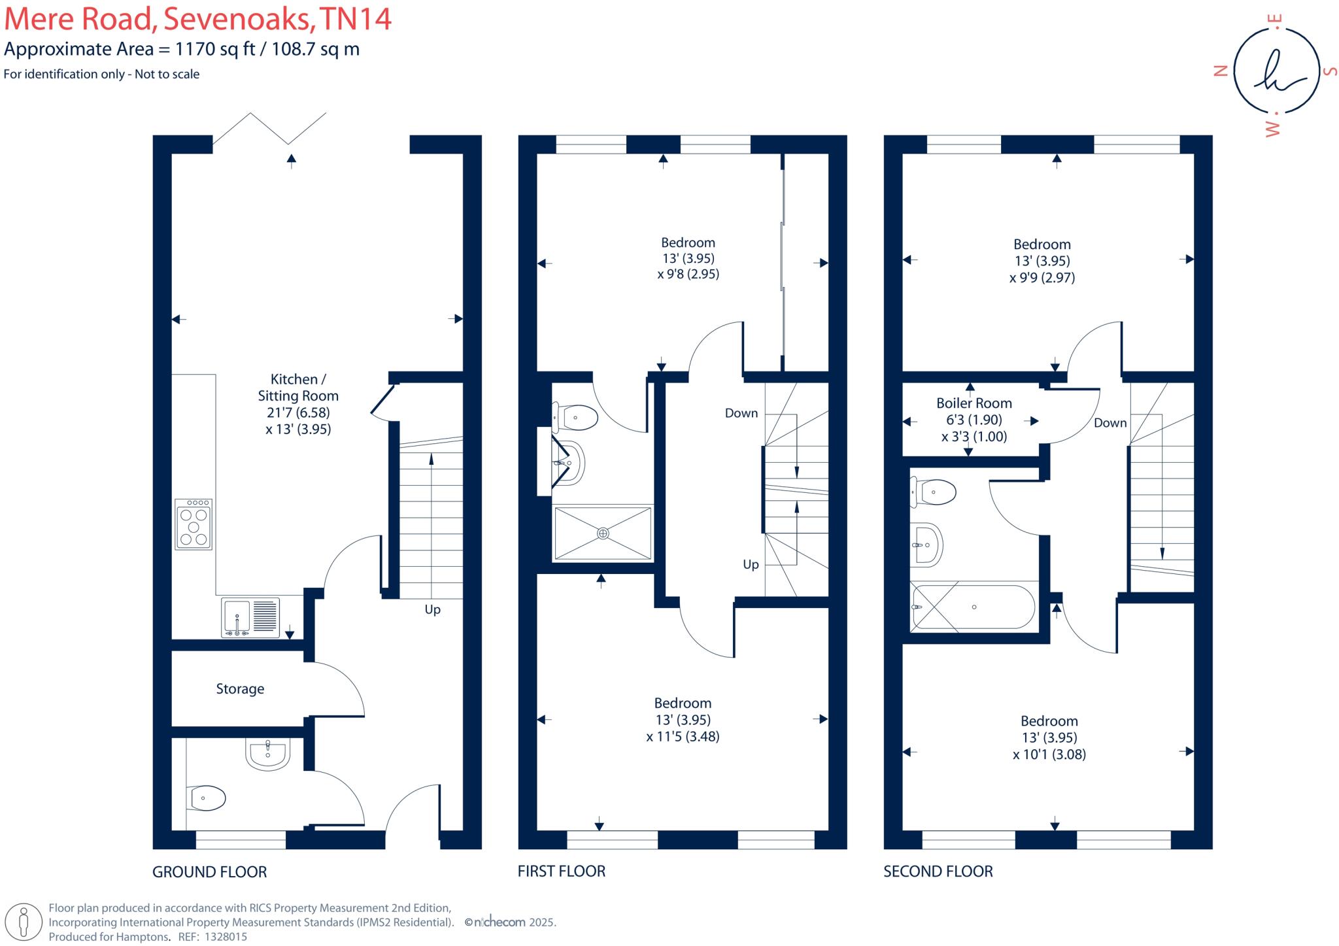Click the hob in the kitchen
194,524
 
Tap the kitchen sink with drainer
250,617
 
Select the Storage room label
240,688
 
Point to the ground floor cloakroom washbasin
267,754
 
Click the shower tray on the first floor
602,533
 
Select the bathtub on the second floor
973,607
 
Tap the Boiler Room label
974,403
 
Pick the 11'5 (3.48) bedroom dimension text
683,737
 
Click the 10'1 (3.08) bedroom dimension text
1049,754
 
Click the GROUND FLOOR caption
209,872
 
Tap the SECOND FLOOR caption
938,871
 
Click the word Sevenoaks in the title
237,18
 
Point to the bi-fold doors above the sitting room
269,128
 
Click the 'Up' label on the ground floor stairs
432,609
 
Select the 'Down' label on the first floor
741,413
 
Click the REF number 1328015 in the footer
226,937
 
